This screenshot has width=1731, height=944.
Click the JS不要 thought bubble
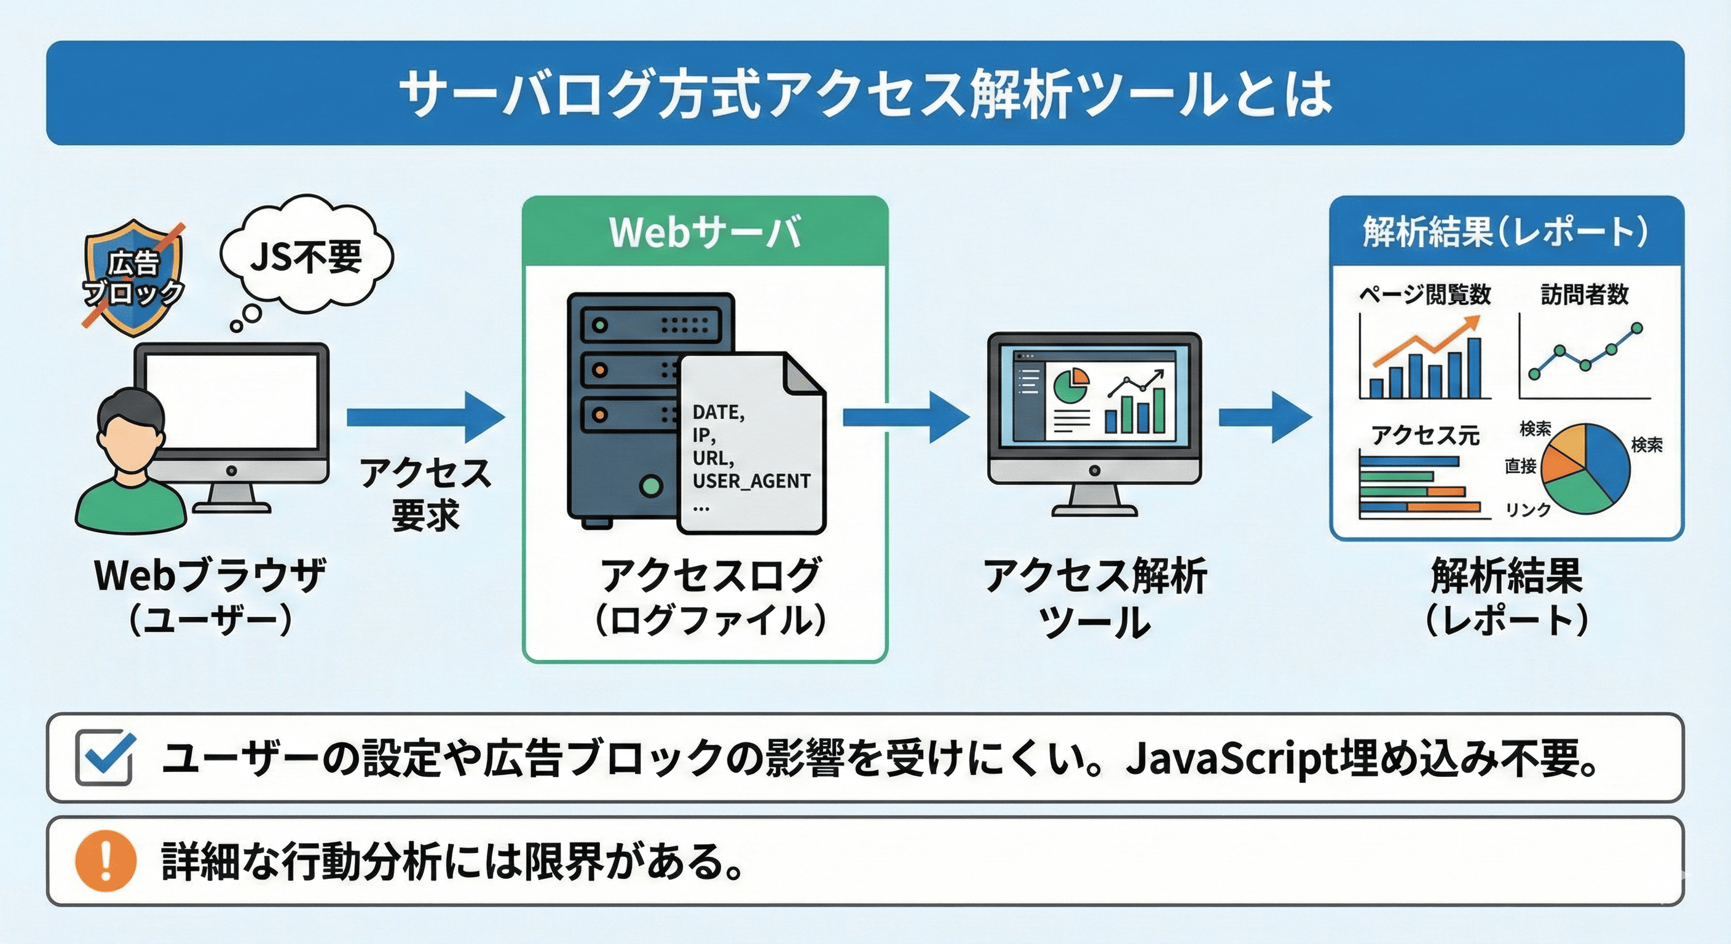point(306,258)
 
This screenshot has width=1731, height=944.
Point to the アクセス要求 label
point(425,494)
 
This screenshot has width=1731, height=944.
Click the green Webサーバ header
point(705,232)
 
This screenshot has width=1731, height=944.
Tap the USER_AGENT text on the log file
point(751,481)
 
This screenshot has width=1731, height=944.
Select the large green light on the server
point(650,485)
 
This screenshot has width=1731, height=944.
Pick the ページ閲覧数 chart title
point(1425,294)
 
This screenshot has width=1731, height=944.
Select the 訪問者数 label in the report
point(1585,294)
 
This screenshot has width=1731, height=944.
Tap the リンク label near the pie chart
point(1528,509)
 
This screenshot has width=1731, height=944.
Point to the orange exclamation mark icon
point(106,860)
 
